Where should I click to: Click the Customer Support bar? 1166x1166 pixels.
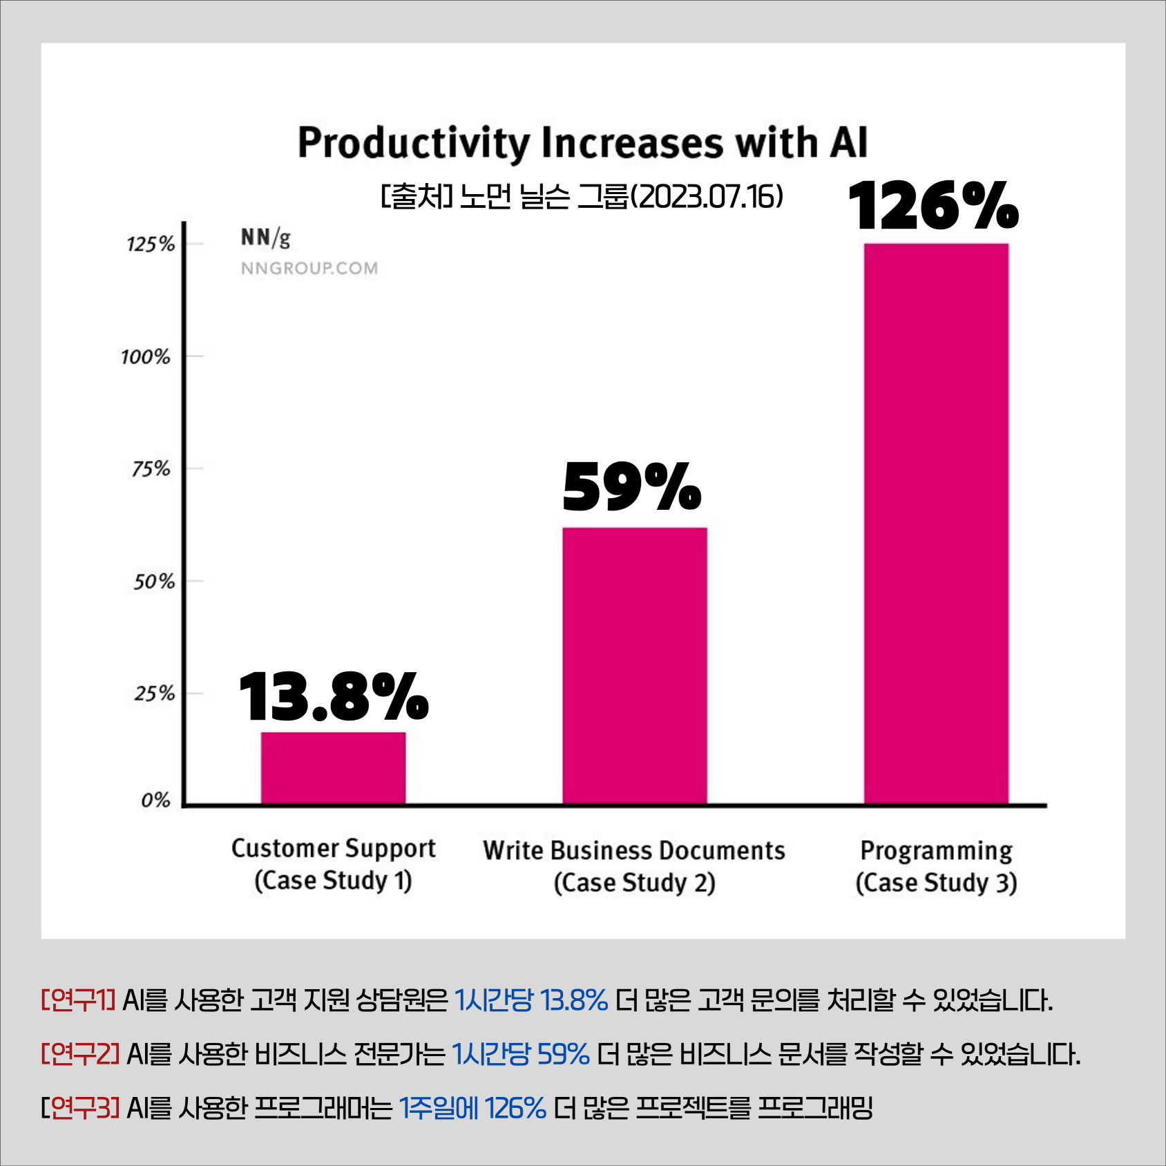coord(333,768)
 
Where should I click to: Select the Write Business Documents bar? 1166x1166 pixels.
coord(634,665)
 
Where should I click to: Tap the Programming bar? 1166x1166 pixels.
coord(936,524)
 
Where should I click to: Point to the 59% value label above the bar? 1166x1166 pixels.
coord(632,487)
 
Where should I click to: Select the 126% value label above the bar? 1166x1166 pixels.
coord(933,205)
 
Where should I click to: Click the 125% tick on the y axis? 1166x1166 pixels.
coord(151,245)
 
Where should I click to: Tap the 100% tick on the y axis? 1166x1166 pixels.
coord(146,357)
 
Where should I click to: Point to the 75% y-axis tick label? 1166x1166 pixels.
coord(151,470)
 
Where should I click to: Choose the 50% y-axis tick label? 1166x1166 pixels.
coord(153,582)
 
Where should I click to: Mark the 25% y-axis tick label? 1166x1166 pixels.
coord(154,694)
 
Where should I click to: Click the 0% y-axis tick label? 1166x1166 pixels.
coord(155,801)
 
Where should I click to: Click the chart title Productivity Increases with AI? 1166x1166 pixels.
coord(582,143)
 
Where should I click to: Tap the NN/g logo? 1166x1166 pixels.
coord(266,238)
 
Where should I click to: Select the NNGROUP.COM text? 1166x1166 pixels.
coord(309,268)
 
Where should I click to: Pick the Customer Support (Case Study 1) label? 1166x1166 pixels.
coord(333,864)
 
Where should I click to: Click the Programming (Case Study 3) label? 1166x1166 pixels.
coord(936,866)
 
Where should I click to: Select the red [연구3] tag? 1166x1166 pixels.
coord(81,1108)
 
